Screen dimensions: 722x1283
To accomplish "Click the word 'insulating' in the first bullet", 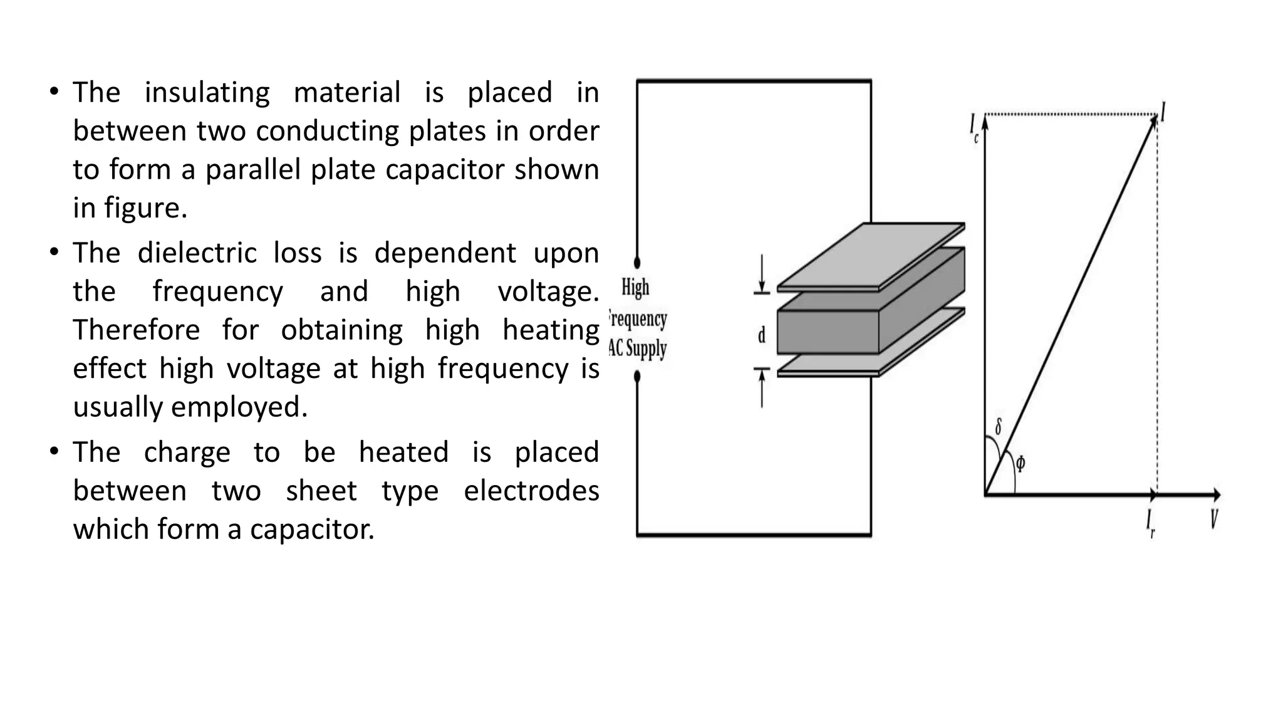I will point(207,93).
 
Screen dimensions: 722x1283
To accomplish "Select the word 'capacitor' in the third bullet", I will point(311,529).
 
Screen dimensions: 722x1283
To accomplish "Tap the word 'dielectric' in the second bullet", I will point(197,253).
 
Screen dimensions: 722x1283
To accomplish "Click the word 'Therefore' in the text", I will point(136,330).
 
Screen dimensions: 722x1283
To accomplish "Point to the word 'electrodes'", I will point(531,491).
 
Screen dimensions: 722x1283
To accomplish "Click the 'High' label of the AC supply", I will point(635,288).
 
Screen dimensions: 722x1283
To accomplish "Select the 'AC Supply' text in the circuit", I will point(638,348).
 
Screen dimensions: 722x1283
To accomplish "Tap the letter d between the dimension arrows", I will point(762,336).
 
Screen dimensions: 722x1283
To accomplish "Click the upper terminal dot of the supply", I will point(637,263).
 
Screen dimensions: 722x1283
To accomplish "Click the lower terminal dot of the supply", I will point(637,377).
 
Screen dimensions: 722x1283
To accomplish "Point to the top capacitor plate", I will point(871,257).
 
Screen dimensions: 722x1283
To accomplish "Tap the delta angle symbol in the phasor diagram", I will point(998,427).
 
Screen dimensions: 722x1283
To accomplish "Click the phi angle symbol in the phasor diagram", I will point(1021,464).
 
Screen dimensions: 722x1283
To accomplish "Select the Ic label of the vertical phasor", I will point(974,127).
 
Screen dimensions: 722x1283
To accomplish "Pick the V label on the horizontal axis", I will point(1213,520).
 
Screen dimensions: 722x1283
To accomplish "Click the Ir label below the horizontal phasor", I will point(1150,523).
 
